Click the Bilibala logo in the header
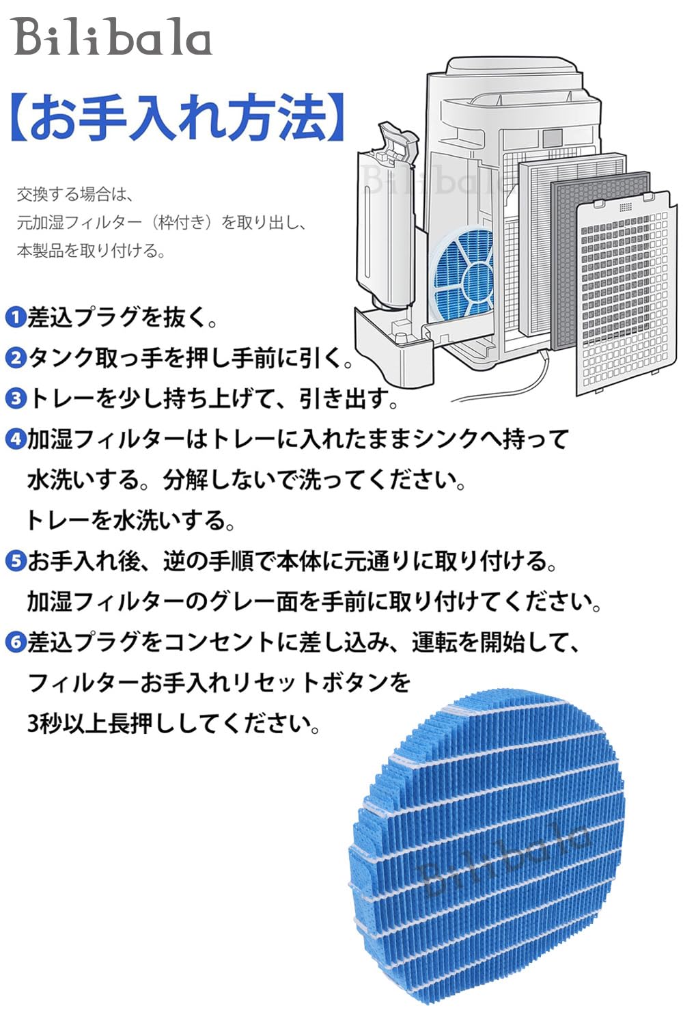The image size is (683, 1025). click(113, 38)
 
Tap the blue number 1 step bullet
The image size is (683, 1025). click(14, 317)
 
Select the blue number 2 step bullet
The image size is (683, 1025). click(14, 357)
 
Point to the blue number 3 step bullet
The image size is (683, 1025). click(14, 398)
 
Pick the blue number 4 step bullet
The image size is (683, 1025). click(14, 439)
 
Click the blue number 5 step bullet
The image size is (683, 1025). click(14, 561)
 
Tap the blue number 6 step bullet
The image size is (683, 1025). click(14, 642)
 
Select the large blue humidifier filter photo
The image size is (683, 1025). click(488, 854)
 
